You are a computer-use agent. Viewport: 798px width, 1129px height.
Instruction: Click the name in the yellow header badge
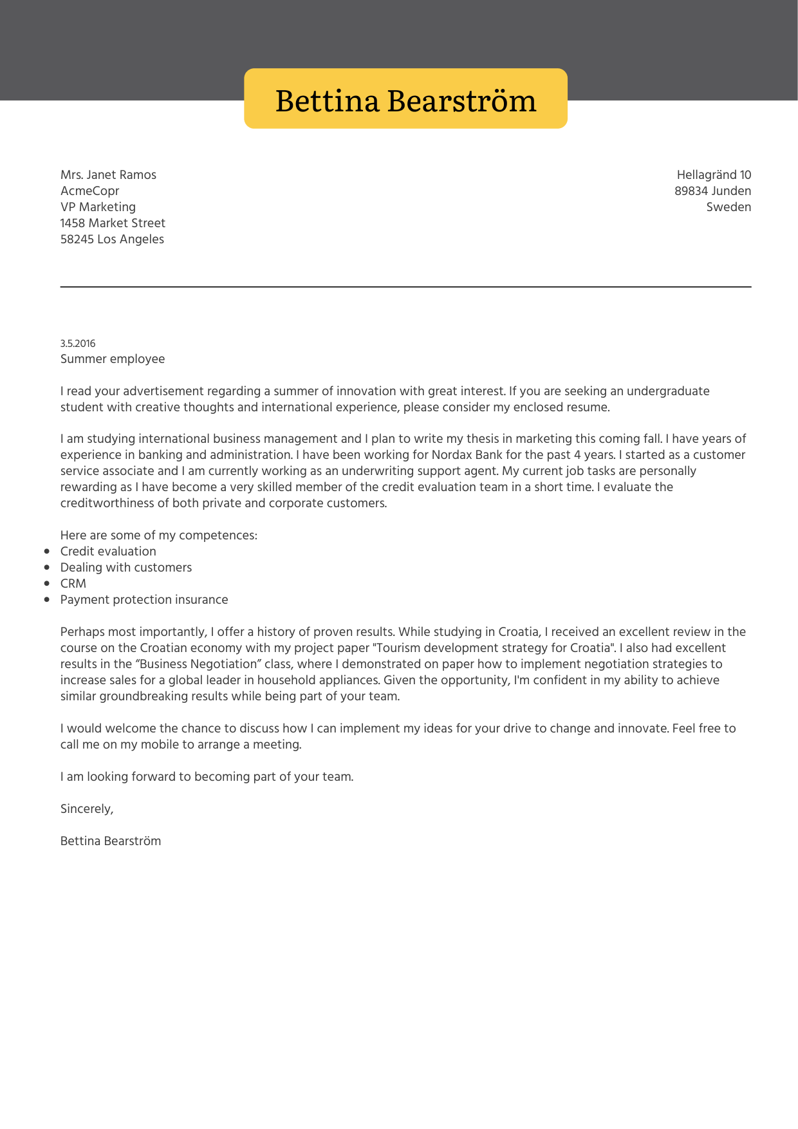[405, 100]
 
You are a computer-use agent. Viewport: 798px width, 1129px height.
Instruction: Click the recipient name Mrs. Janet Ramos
[108, 175]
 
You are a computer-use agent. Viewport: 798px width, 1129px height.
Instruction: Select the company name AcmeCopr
[89, 191]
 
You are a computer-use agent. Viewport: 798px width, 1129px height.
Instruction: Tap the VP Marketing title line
[98, 207]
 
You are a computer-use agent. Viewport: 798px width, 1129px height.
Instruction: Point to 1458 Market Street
[113, 223]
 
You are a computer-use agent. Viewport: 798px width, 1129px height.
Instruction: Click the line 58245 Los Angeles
[112, 239]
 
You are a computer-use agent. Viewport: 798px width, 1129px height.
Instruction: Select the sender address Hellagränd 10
[714, 175]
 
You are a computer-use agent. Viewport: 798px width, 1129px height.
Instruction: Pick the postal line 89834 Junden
[712, 191]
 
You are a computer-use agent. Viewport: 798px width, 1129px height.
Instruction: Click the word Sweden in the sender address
[728, 207]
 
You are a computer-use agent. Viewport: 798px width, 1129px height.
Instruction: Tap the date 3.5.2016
[78, 344]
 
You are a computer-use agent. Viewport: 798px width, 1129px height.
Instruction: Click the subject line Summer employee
[113, 359]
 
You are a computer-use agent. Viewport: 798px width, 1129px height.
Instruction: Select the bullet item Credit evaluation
[108, 552]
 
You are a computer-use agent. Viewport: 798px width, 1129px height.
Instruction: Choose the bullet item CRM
[73, 584]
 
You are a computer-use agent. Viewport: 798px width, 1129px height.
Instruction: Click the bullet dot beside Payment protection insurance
[47, 600]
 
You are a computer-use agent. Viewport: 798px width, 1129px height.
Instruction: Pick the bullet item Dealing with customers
[126, 568]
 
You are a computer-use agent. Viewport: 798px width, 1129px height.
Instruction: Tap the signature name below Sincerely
[111, 841]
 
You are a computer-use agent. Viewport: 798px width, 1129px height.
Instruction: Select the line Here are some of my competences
[159, 536]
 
